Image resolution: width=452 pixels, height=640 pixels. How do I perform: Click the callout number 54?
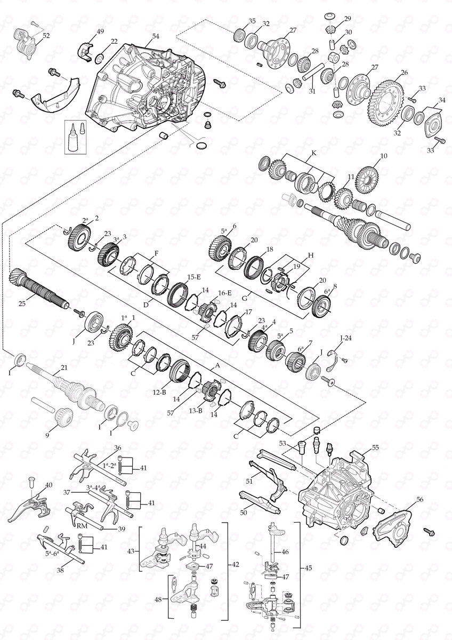coord(156,36)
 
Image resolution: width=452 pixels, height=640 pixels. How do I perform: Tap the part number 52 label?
coord(46,36)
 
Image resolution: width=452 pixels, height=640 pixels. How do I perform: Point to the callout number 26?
coord(404,73)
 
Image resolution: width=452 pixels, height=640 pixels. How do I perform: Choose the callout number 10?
coord(382,157)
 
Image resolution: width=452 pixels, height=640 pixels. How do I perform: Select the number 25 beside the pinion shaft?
coord(21,304)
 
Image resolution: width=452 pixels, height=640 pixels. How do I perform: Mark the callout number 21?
coord(64,368)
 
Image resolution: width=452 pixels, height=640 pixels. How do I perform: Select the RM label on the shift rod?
coord(82,525)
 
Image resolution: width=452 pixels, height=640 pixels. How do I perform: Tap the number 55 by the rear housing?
coord(375,448)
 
